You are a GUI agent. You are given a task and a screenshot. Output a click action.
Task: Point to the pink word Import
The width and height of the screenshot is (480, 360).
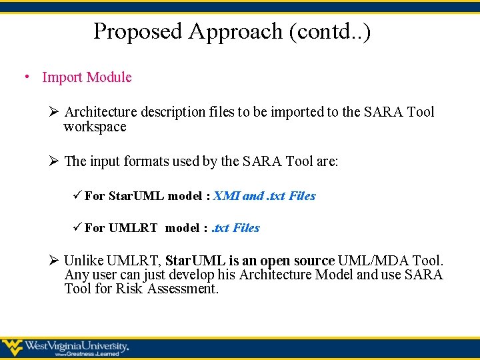(x=62, y=77)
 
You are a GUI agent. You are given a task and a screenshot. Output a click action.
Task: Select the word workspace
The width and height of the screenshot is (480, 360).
(x=95, y=127)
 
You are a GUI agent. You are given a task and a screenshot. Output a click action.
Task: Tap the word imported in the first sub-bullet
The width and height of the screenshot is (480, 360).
(x=299, y=112)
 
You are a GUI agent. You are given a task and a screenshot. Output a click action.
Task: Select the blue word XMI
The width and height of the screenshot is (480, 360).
(x=226, y=196)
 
